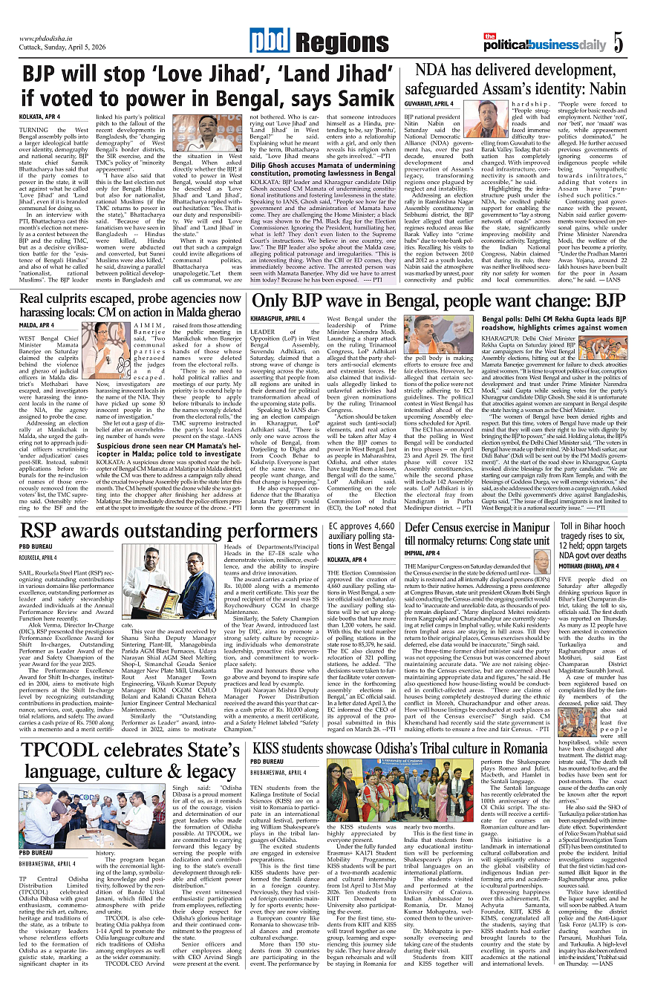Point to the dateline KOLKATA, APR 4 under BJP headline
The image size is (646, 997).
coord(40,117)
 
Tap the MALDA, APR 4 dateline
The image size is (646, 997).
coord(37,325)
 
